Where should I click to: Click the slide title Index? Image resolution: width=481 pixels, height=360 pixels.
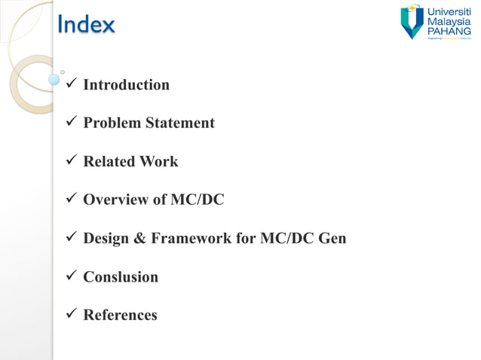[87, 25]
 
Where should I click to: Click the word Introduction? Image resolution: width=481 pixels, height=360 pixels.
[126, 84]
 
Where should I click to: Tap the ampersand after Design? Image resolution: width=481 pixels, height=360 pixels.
[139, 239]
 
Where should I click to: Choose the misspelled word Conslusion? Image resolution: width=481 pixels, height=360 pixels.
[121, 277]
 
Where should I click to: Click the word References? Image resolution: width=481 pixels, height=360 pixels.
[120, 316]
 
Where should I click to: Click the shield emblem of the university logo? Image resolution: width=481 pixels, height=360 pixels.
[412, 22]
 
